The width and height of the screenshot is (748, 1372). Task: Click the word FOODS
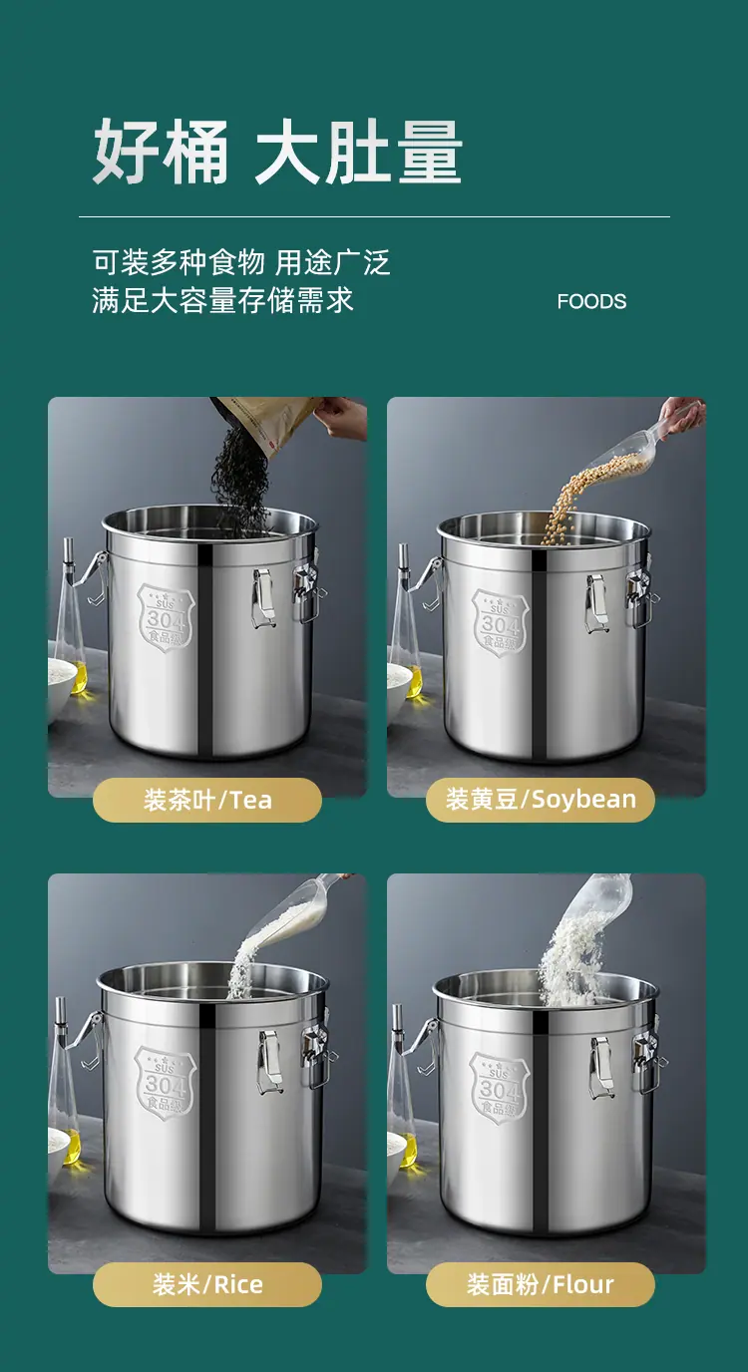[591, 301]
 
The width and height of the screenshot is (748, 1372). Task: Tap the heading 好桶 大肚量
[277, 152]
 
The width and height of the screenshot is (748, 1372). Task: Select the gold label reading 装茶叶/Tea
[207, 800]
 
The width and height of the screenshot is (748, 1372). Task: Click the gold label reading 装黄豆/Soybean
[541, 800]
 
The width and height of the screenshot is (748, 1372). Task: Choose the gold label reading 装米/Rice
[207, 1284]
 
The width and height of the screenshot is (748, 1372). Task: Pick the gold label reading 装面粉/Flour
[541, 1284]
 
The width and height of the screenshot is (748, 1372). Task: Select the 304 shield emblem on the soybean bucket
[500, 623]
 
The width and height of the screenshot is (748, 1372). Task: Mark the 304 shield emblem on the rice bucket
[165, 1082]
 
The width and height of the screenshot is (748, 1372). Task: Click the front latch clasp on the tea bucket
[262, 598]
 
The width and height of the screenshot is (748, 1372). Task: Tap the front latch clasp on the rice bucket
[269, 1062]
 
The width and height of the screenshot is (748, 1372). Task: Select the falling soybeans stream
[582, 497]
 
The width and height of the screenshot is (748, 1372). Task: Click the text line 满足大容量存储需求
[223, 301]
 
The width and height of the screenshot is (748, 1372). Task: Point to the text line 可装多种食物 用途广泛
[241, 262]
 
